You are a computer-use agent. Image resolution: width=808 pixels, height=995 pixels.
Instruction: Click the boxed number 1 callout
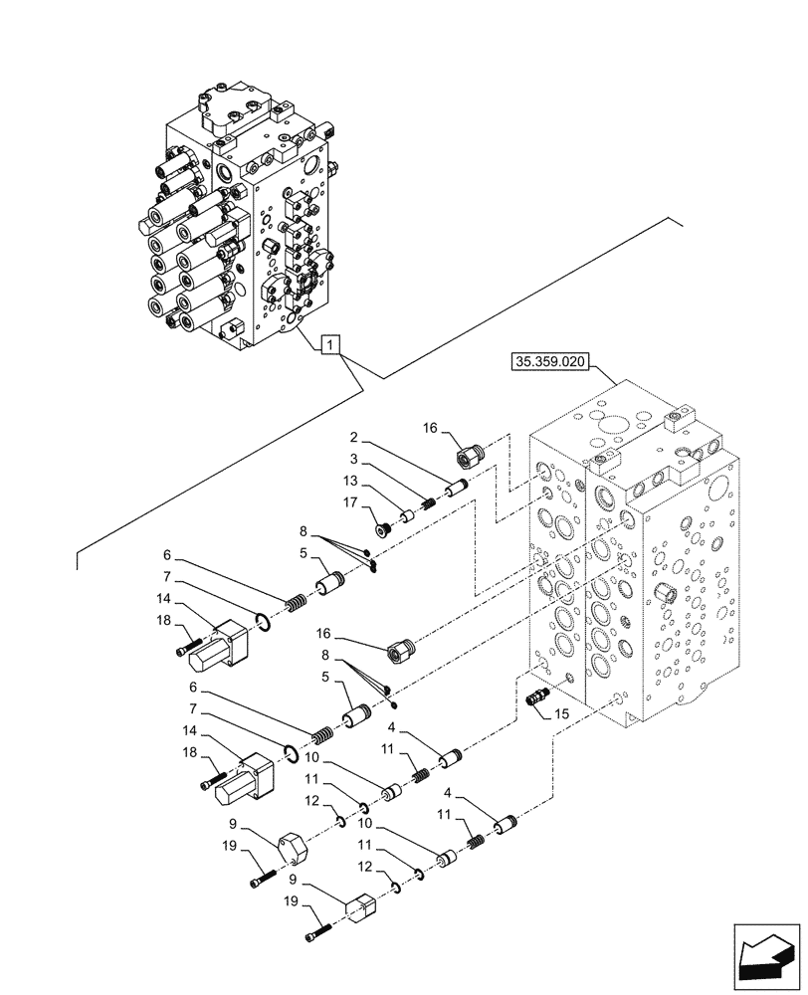tap(330, 345)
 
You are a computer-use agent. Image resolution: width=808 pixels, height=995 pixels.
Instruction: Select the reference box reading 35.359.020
tap(552, 362)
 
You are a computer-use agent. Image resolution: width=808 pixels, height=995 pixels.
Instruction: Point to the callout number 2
tap(353, 437)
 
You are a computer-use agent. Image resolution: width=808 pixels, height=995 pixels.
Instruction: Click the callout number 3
tap(353, 459)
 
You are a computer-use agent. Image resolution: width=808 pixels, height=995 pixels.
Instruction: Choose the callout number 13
tap(350, 482)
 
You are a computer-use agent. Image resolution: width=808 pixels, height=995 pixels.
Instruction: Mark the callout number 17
tap(351, 502)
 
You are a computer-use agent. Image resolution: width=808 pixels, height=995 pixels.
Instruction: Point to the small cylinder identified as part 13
tap(406, 516)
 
